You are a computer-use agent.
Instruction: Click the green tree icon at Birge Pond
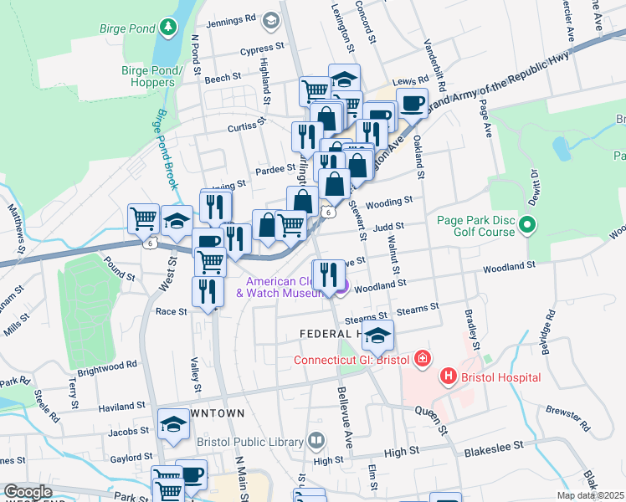click(169, 28)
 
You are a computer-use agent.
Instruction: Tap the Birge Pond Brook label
click(166, 150)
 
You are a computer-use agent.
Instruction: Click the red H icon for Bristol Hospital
click(449, 376)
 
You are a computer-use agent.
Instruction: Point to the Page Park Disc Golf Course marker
click(527, 224)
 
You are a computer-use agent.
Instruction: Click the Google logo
click(28, 492)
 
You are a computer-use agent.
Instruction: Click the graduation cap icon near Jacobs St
click(174, 424)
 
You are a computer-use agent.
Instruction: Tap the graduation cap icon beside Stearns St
click(378, 336)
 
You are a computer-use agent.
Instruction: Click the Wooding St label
click(389, 201)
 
